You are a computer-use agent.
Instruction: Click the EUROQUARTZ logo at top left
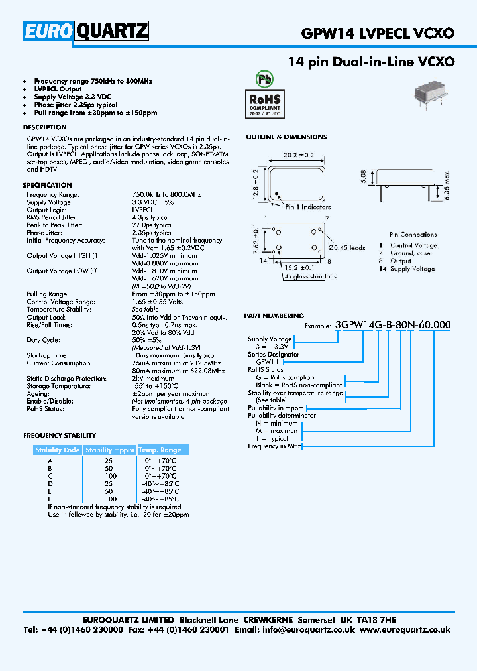86,32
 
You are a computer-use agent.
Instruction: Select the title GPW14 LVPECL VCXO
378,33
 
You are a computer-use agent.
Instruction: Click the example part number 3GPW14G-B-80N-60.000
394,325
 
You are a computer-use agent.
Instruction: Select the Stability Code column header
58,450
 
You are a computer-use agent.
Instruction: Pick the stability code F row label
50,498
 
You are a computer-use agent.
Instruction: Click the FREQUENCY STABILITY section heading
60,436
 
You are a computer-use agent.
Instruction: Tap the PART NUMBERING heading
274,316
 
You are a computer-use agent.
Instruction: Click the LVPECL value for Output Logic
143,210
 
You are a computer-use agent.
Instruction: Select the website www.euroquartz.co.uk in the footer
405,630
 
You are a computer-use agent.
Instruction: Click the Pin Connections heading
413,234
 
